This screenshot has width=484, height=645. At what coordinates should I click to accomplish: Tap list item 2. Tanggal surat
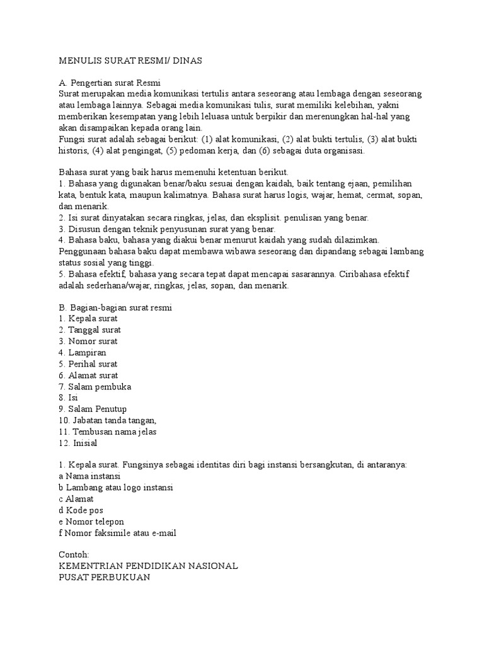pyautogui.click(x=89, y=330)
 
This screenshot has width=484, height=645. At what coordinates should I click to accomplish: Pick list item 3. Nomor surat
pyautogui.click(x=87, y=341)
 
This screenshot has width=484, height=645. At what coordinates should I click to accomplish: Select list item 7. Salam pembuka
pyautogui.click(x=95, y=387)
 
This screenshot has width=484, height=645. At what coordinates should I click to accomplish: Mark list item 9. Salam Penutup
pyautogui.click(x=93, y=409)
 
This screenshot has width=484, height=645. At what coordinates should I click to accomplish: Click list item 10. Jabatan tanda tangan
pyautogui.click(x=107, y=421)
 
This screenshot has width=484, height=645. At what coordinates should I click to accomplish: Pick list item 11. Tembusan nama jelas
pyautogui.click(x=107, y=432)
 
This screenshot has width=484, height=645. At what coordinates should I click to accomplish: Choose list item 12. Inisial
pyautogui.click(x=78, y=443)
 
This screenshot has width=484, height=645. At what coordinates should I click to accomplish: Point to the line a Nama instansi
pyautogui.click(x=89, y=476)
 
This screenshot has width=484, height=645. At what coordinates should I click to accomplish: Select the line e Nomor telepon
pyautogui.click(x=91, y=522)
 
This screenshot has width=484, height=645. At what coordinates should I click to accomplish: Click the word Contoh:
pyautogui.click(x=73, y=555)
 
